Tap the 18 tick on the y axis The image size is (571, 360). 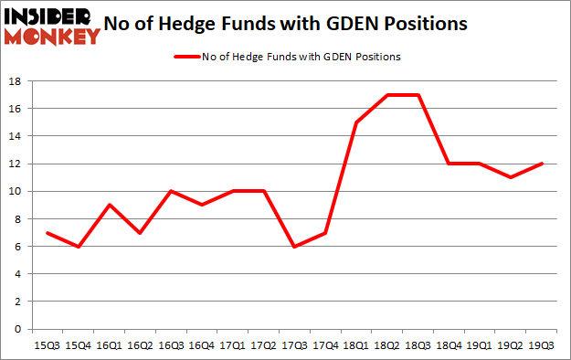pyautogui.click(x=16, y=81)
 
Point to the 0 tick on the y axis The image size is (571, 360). pyautogui.click(x=18, y=329)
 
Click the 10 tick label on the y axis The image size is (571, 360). pyautogui.click(x=16, y=192)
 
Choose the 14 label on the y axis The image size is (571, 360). pyautogui.click(x=16, y=136)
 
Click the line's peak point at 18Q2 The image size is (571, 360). pyautogui.click(x=387, y=95)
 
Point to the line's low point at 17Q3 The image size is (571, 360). pyautogui.click(x=294, y=247)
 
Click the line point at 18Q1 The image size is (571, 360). pyautogui.click(x=356, y=122)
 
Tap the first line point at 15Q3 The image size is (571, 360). pyautogui.click(x=46, y=233)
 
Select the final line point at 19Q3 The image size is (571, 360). pyautogui.click(x=543, y=164)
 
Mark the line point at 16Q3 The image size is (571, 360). pyautogui.click(x=170, y=192)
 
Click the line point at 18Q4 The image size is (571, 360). pyautogui.click(x=449, y=164)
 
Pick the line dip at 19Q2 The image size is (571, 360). pyautogui.click(x=512, y=177)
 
